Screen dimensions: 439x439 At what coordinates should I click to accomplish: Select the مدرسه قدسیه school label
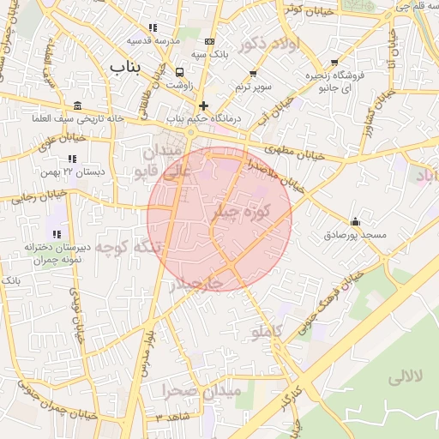[153, 40]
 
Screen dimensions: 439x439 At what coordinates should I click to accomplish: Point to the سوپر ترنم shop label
[254, 87]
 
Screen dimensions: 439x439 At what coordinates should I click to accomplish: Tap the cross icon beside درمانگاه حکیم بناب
[203, 105]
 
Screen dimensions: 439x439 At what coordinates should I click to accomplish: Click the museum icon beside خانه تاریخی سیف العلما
[78, 106]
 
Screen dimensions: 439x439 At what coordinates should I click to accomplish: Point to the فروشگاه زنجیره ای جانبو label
[330, 81]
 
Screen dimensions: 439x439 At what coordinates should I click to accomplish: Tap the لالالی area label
[406, 377]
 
